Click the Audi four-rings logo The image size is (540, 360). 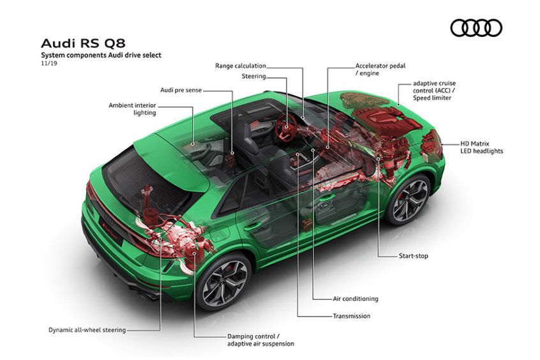(476, 28)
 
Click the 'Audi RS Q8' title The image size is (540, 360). (83, 43)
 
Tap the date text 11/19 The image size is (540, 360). (49, 63)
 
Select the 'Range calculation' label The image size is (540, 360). (241, 66)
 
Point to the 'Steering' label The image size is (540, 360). (254, 76)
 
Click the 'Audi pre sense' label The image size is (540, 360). (181, 90)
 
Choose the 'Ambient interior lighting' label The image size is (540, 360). (133, 109)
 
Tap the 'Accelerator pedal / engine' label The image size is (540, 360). (380, 69)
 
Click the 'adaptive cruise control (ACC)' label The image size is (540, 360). (434, 91)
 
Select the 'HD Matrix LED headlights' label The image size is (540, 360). (481, 147)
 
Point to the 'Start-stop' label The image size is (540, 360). (413, 256)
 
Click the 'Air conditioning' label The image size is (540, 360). (356, 299)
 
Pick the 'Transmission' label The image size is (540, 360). (352, 316)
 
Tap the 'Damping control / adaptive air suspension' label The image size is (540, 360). (260, 340)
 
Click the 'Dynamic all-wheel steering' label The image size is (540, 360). (87, 330)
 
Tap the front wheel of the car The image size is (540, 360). (410, 200)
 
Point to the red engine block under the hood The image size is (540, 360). (386, 117)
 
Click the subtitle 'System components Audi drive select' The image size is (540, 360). (101, 55)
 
